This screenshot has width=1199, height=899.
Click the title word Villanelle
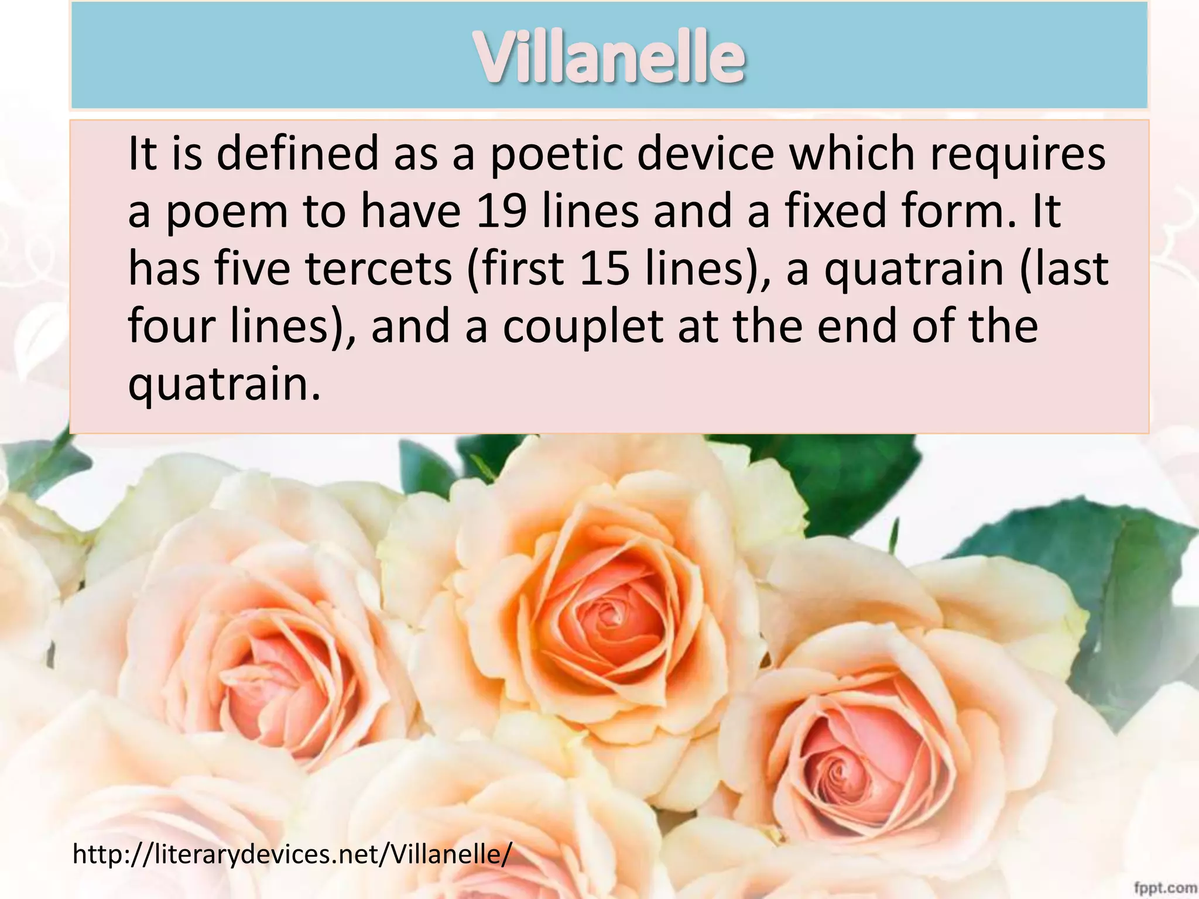[609, 57]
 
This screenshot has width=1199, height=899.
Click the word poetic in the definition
[556, 154]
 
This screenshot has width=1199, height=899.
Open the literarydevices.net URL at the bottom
[292, 854]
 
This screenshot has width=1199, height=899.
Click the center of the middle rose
[609, 615]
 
